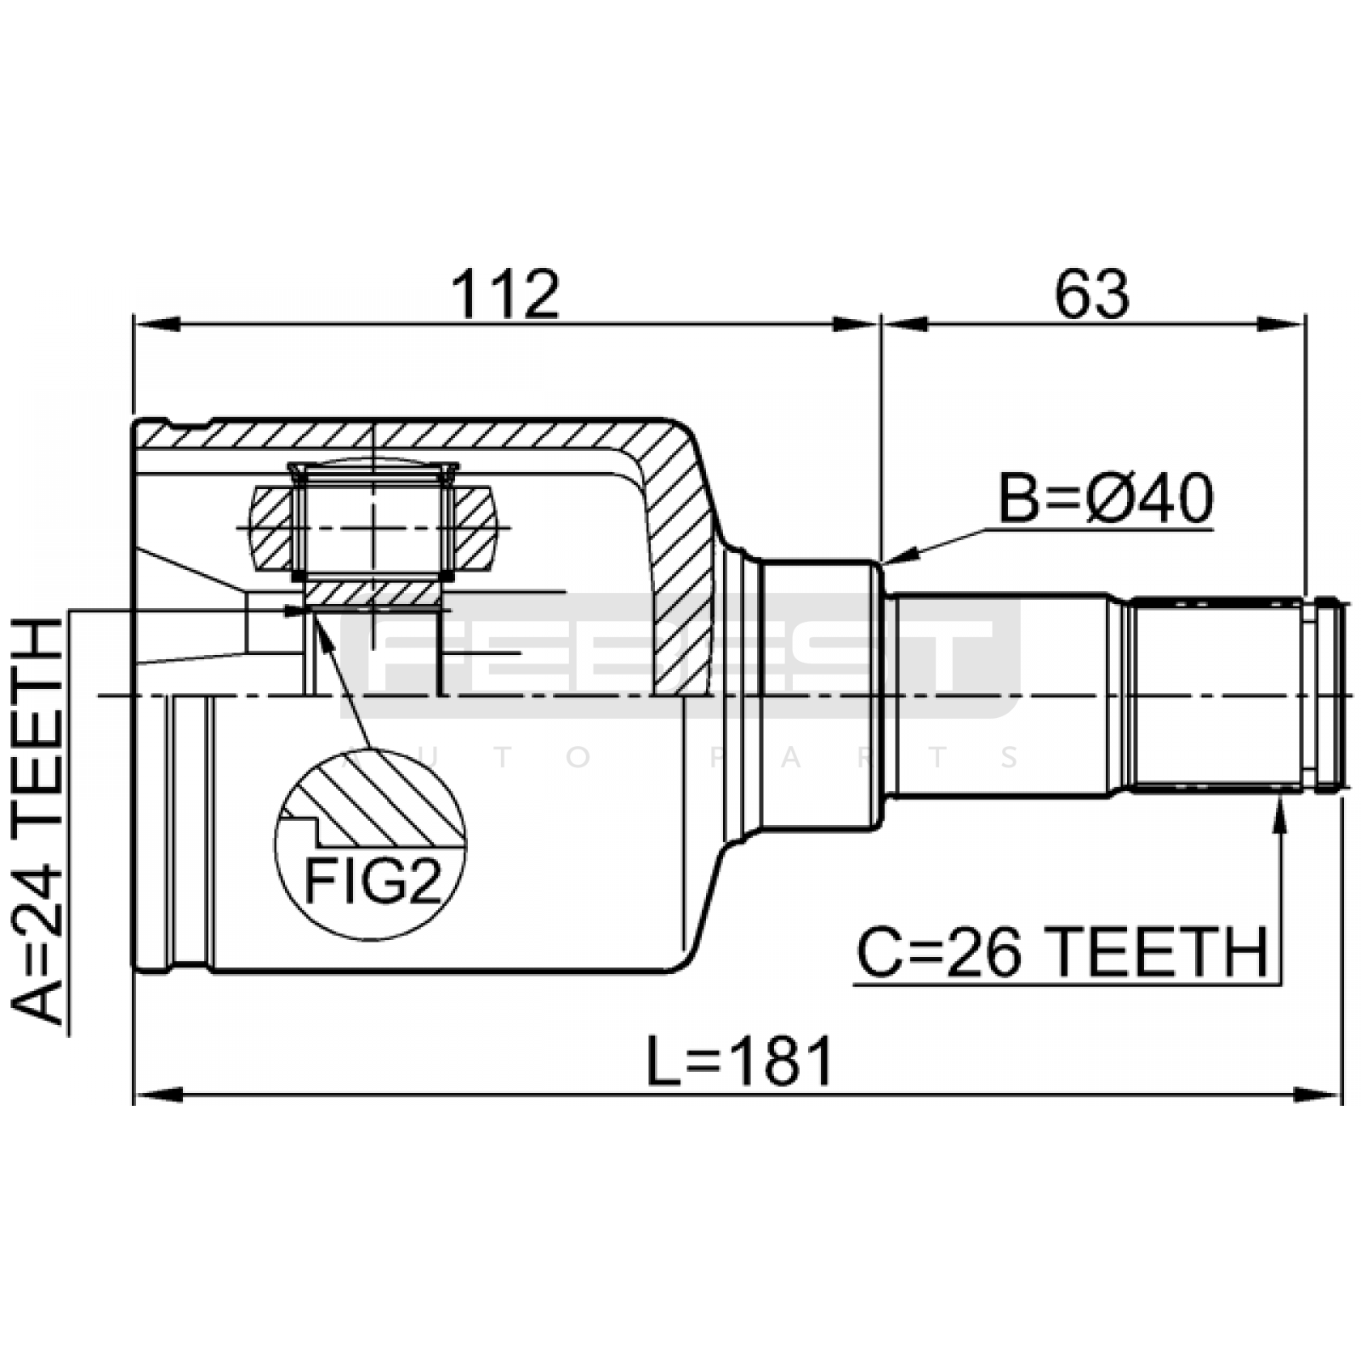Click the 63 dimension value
tap(1092, 294)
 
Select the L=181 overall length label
tap(739, 1062)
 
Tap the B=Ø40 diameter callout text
tap(1105, 499)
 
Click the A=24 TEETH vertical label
tap(38, 821)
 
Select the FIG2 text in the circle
tap(373, 880)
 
